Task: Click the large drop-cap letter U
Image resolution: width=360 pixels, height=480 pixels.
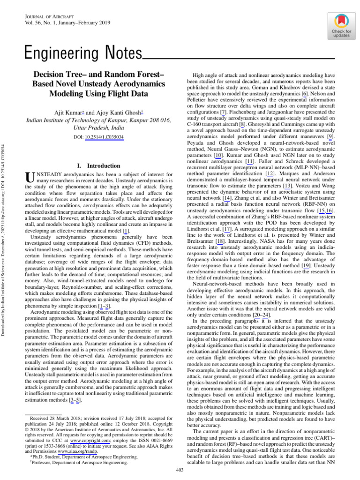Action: pos(29,177)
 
